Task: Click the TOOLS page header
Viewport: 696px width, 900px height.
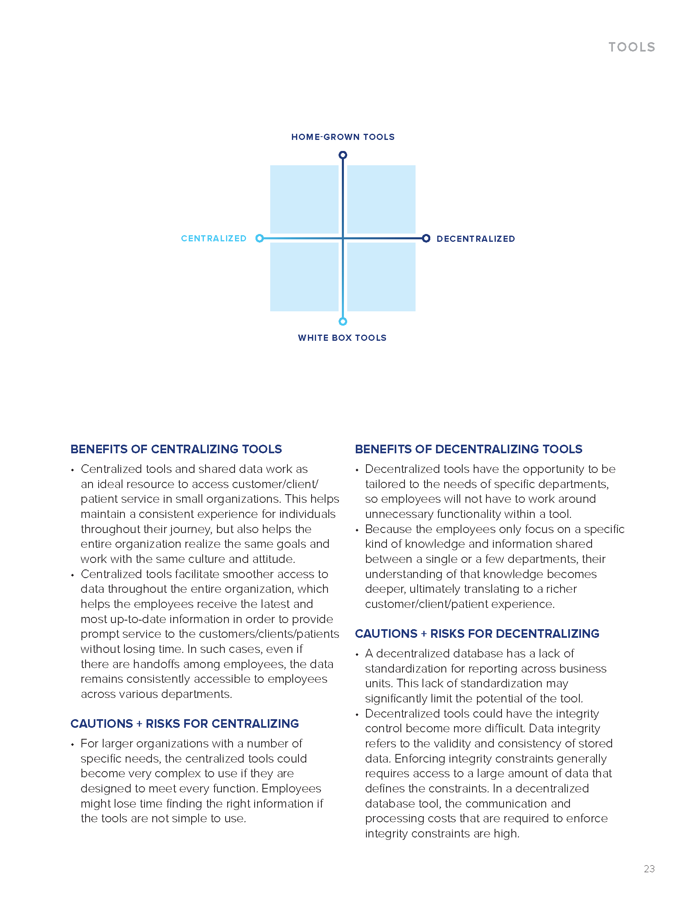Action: pos(632,47)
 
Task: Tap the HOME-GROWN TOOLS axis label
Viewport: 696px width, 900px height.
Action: pos(343,137)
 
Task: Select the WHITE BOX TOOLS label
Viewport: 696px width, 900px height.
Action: pos(342,338)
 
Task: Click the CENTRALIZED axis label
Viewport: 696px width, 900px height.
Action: pos(214,239)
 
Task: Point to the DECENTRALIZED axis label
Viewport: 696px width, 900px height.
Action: pos(475,239)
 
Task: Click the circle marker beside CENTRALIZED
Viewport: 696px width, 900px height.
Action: pos(259,238)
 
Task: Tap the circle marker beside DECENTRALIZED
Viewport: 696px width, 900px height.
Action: pos(426,238)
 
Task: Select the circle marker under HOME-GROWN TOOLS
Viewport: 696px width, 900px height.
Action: pos(343,155)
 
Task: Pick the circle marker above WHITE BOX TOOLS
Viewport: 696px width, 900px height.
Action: pos(343,322)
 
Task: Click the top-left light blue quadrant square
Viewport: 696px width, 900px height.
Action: pos(304,200)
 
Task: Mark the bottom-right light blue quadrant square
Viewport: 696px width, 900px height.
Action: pos(382,277)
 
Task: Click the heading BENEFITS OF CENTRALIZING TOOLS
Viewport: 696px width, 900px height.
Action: pos(176,449)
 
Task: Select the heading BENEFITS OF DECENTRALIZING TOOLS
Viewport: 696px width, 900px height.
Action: pos(468,449)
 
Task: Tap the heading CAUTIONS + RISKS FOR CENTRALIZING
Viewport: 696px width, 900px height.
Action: pos(184,724)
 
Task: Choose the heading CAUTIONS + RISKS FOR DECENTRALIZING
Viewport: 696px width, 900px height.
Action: pos(477,634)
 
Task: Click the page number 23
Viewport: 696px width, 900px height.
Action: pos(649,869)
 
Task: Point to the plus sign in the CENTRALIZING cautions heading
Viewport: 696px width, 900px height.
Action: pos(139,724)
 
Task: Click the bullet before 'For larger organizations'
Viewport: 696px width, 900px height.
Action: pos(72,744)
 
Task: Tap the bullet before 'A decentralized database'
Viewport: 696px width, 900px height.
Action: pos(357,655)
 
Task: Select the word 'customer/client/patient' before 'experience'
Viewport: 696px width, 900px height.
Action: pos(426,604)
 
